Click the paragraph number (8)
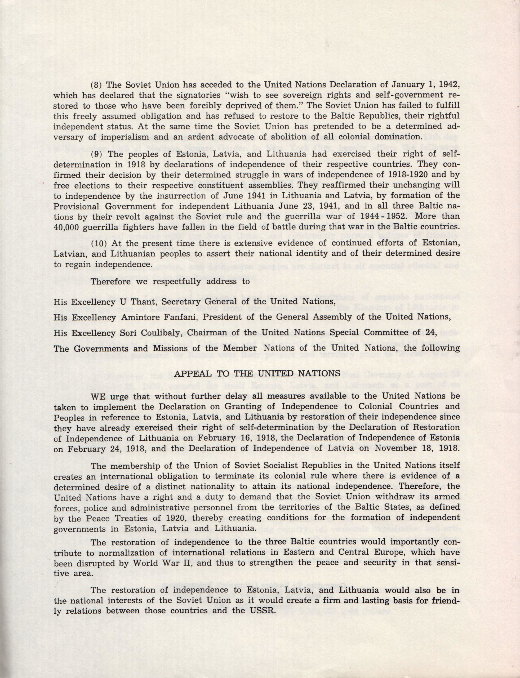tap(96, 84)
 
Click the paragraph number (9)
tap(96, 154)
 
